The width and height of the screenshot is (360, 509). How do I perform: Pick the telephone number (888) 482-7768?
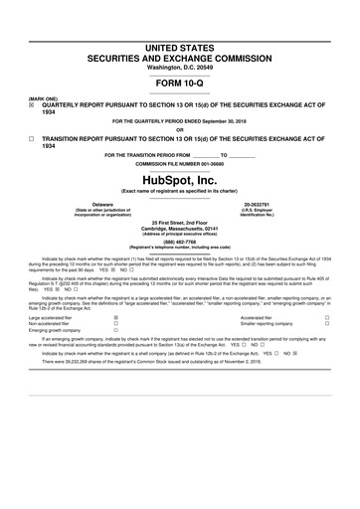(179, 240)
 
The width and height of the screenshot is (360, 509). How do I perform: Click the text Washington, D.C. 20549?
(179, 66)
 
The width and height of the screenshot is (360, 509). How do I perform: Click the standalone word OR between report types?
(179, 129)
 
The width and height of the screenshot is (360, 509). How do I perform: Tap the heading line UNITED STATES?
(179, 47)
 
